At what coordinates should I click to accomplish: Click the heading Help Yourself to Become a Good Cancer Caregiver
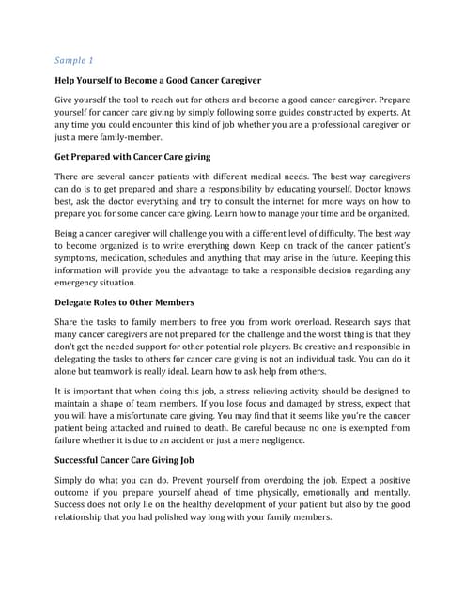(158, 82)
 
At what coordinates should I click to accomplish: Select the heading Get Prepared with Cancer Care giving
(132, 156)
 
